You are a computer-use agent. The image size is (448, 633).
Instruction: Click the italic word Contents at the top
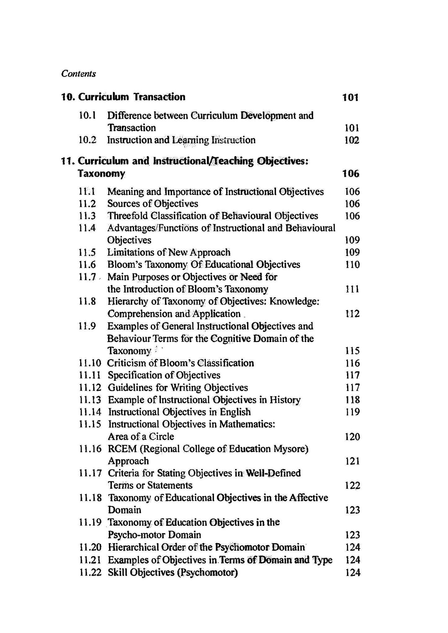78,74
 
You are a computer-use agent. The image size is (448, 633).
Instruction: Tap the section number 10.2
88,140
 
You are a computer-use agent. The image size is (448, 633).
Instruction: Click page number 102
352,140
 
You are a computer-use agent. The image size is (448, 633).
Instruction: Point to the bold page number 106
351,174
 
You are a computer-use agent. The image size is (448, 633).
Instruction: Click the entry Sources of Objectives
153,204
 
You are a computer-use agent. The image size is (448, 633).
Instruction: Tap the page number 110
352,265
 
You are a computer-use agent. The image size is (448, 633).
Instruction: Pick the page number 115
352,351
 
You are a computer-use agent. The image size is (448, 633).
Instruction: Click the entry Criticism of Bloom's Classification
180,363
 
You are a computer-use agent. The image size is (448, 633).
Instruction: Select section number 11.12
90,387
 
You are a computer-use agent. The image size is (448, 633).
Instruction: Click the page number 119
352,412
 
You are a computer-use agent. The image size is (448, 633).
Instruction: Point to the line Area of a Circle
141,437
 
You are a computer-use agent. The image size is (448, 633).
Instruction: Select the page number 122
352,485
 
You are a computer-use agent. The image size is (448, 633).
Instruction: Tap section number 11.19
90,522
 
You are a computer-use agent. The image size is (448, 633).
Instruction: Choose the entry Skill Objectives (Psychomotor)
173,572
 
